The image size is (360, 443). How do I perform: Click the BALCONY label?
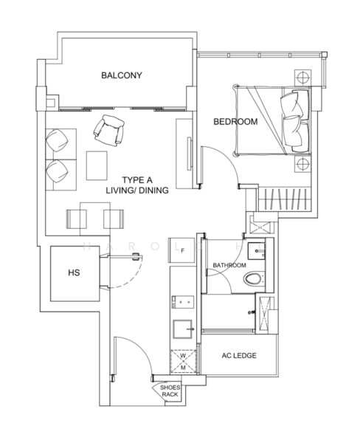[122, 75]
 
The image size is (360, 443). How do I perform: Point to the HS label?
[74, 272]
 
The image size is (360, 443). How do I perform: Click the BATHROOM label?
[229, 264]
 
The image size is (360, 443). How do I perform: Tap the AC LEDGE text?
[239, 355]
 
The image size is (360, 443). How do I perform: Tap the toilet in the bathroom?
[255, 279]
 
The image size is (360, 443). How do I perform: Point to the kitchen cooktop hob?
[182, 301]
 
